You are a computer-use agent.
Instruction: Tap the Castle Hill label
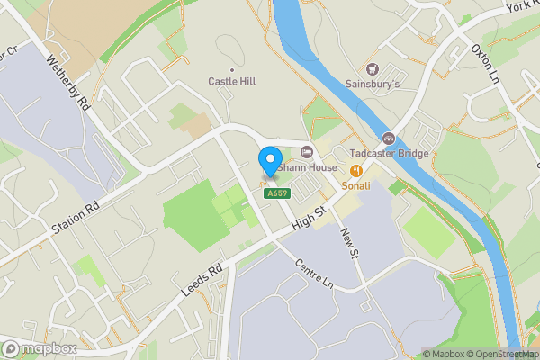232,82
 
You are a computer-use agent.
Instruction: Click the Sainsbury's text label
373,85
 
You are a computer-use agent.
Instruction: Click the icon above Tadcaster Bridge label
389,138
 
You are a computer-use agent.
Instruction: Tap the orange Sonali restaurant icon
356,169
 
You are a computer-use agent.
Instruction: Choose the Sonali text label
356,185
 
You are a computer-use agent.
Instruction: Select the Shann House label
308,167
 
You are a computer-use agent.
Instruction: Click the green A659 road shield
275,193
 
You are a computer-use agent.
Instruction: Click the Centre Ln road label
315,274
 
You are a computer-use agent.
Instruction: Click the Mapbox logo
39,348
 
